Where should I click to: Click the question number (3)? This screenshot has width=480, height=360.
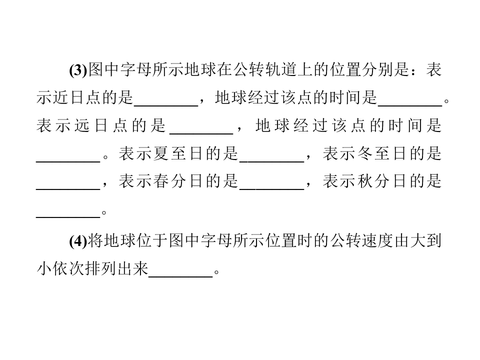pos(78,70)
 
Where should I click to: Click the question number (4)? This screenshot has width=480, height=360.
pos(78,241)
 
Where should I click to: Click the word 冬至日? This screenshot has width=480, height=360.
pos(382,153)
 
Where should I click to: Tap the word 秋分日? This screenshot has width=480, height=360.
pos(382,181)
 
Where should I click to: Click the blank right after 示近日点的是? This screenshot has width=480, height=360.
pos(166,105)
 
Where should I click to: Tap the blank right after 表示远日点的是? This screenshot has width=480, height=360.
pos(201,133)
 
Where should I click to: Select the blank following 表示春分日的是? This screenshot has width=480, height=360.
pos(272,189)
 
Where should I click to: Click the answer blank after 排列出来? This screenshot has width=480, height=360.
pos(180,276)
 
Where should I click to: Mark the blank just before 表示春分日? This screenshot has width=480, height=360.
pos(68,189)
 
